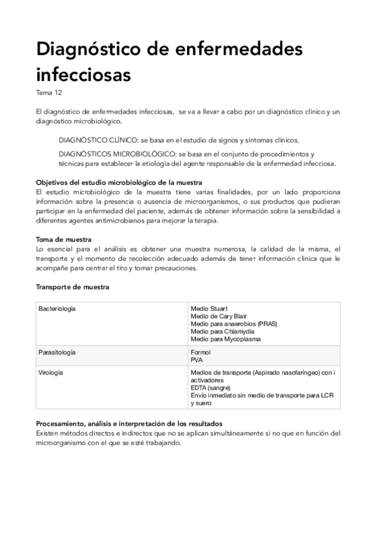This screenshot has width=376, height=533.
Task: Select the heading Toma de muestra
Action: (64, 240)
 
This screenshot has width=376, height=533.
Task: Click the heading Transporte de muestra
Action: (73, 287)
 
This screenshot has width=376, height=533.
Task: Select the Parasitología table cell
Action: (57, 352)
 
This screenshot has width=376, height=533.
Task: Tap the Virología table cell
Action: (52, 373)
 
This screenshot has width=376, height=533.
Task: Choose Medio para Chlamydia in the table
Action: (219, 331)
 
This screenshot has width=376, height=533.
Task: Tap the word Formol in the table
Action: (200, 353)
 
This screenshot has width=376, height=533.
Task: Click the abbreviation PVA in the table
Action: (197, 360)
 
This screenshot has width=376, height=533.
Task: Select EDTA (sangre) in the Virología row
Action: (211, 388)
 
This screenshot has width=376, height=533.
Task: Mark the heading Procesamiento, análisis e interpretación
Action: (129, 424)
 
